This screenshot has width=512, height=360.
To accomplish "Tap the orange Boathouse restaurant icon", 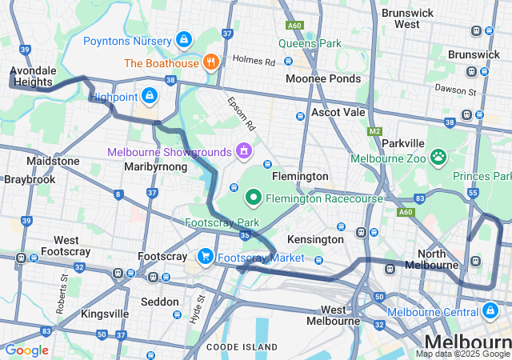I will tap(211, 62).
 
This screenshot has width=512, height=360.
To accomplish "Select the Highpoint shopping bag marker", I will tap(149, 96).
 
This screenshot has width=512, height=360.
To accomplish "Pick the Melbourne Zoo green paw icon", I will tap(438, 157).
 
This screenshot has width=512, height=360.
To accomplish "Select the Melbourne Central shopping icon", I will tap(490, 310).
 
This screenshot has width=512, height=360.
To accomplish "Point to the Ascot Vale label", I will tap(338, 112).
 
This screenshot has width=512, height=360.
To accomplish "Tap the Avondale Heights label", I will tap(32, 76).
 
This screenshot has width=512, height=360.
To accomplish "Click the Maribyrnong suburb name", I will tap(156, 166).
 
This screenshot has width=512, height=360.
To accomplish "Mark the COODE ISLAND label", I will tap(242, 346).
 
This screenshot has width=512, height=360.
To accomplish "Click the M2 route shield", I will tap(375, 131).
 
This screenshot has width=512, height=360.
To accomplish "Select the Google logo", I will tap(26, 350).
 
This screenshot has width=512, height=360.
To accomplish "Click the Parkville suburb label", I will tap(403, 142).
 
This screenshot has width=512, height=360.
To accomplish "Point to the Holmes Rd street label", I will tap(254, 60).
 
